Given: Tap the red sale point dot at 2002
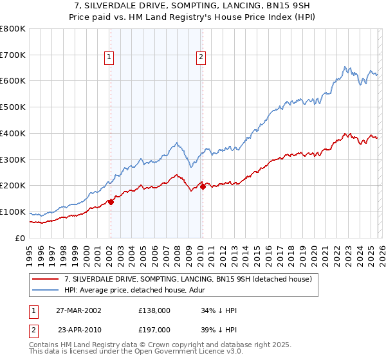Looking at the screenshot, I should [111, 202].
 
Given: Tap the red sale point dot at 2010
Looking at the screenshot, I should [203, 186].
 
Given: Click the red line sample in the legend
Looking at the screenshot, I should [46, 279].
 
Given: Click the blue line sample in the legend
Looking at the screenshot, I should [46, 290].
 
